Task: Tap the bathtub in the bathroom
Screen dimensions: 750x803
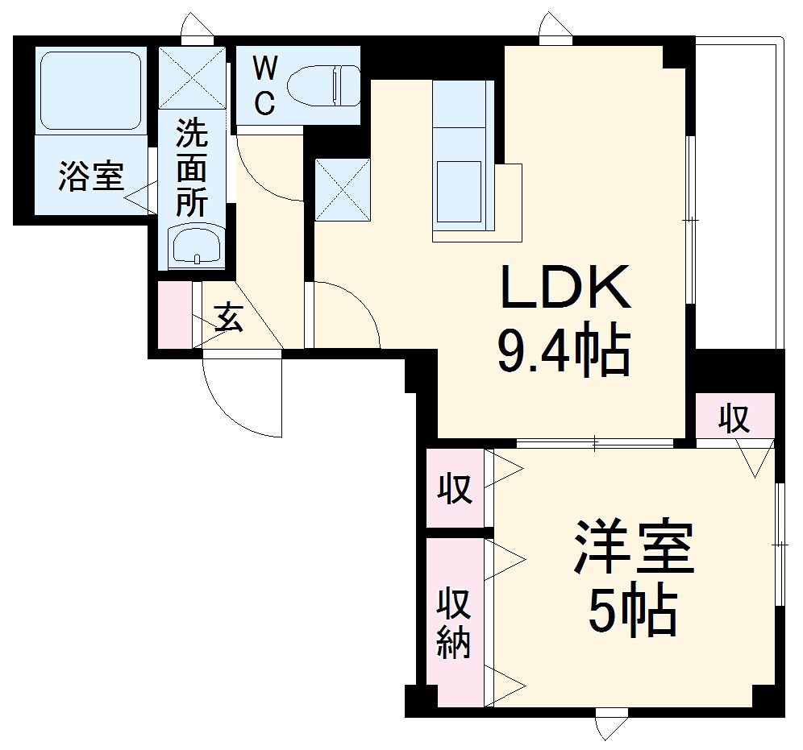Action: (x=90, y=90)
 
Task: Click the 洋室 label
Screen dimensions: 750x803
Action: (x=633, y=547)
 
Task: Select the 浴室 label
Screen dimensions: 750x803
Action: (x=89, y=176)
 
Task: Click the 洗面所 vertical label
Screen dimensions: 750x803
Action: (x=191, y=168)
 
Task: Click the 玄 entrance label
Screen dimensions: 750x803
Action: (x=229, y=318)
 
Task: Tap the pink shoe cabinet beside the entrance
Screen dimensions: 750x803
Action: (x=175, y=314)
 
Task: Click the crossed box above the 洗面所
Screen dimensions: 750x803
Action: (x=193, y=78)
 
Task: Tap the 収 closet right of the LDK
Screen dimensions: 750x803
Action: (x=734, y=418)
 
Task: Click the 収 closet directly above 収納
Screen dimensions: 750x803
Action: (x=455, y=488)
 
